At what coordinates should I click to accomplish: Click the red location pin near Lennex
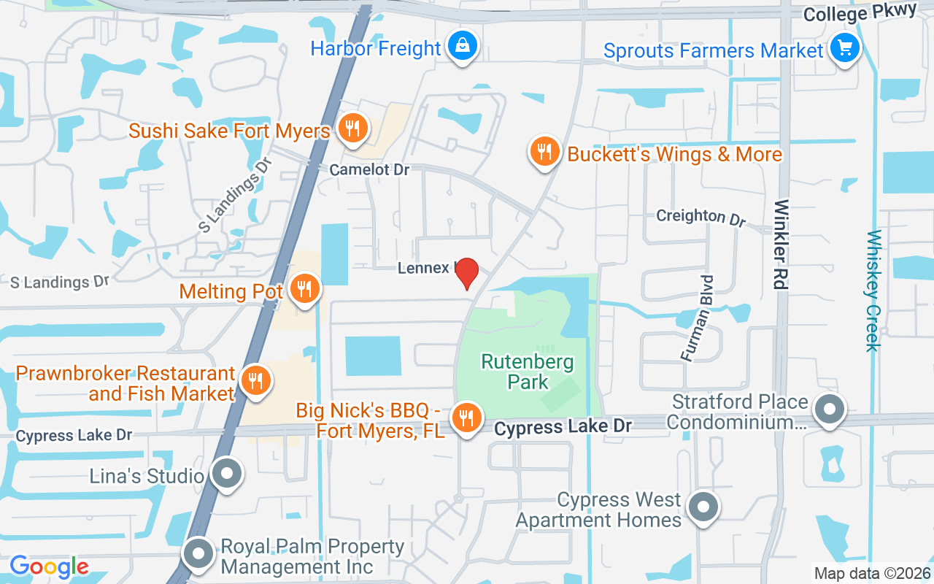[466, 272]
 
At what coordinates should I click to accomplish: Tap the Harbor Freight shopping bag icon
[462, 47]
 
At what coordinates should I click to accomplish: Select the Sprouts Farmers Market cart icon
[845, 49]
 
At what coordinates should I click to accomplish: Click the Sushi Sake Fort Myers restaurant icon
[353, 129]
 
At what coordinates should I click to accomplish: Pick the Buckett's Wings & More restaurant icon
[544, 153]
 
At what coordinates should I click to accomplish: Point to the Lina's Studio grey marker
[226, 473]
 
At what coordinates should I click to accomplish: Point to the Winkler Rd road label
[781, 245]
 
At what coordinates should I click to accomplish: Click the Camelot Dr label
[369, 169]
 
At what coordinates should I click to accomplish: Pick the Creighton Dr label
[701, 217]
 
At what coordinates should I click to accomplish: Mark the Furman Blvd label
[698, 318]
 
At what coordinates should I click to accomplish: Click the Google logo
[49, 566]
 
